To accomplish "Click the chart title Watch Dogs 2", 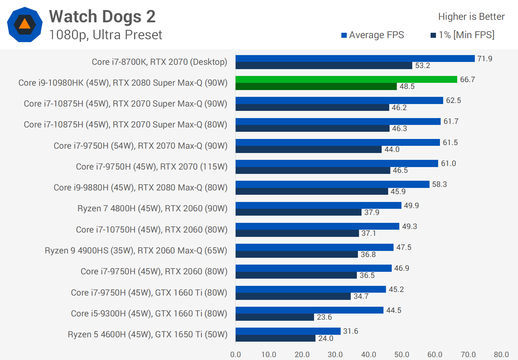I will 102,17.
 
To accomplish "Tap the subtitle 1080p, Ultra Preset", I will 105,35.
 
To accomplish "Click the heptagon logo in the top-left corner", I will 24,24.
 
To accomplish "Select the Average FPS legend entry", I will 373,35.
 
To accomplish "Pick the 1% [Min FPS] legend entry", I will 463,35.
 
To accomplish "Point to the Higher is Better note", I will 471,17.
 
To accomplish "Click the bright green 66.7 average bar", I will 346,80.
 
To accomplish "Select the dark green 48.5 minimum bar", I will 316,86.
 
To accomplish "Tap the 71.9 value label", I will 485,59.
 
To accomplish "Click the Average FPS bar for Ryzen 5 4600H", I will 288,331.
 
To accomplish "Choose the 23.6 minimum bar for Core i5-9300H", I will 275,317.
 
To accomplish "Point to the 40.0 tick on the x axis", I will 368,355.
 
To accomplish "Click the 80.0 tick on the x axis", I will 501,355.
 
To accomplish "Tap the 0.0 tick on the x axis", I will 236,355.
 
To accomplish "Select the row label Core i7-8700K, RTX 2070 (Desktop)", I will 159,62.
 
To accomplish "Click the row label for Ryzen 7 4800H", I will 152,208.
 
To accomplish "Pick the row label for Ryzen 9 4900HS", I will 136,251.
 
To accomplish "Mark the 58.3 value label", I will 439,184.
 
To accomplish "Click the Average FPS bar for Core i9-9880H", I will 332,184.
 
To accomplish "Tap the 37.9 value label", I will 372,212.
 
